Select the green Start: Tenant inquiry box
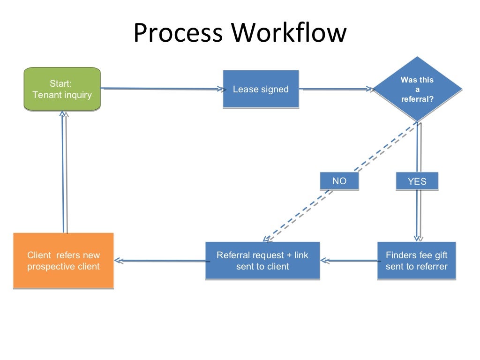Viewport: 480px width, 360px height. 62,89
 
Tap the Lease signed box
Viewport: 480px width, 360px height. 261,89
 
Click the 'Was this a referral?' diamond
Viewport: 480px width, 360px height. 417,89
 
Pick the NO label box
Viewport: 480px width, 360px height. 339,181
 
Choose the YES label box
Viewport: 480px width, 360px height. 417,181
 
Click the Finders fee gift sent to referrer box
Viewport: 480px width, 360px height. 416,261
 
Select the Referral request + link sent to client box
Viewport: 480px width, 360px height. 262,261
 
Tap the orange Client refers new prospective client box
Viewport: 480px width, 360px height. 63,261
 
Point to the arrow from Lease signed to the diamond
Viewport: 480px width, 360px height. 335,89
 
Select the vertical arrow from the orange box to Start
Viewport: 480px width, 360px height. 64,173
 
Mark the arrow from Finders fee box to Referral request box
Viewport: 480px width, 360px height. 349,261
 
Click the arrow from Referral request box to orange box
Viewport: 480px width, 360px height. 159,261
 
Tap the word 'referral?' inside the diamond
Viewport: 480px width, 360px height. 417,99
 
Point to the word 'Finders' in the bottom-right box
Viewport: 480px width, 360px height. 401,255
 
